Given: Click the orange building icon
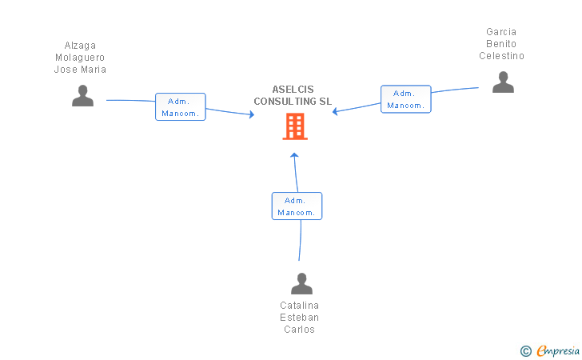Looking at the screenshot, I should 295,126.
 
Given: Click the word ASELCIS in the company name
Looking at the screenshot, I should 293,90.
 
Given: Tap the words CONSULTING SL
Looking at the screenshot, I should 293,102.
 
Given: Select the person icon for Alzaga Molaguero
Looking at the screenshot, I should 82,96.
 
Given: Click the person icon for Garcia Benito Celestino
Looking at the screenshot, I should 503,82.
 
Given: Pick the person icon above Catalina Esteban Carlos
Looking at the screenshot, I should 301,283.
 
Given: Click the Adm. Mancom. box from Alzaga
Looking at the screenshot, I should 180,107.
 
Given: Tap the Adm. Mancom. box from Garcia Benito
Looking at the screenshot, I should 405,99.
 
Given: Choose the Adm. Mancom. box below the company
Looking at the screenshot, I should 297,206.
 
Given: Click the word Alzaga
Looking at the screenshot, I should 80,46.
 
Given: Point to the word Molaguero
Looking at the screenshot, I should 80,58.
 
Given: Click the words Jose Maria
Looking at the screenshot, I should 80,70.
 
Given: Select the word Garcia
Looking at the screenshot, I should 501,32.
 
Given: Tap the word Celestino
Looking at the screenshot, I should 501,56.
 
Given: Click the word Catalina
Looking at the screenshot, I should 299,306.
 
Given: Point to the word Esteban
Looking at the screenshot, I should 299,318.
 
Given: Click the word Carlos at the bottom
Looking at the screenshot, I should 299,330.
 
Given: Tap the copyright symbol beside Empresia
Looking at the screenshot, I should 526,350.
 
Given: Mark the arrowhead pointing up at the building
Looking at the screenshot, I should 294,154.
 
